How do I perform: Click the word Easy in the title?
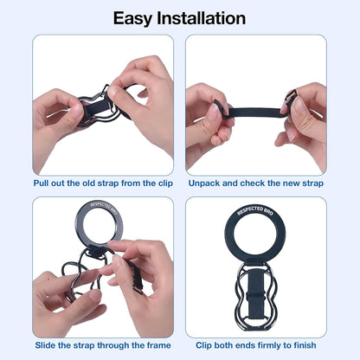tap(138, 17)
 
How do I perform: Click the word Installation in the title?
tap(204, 17)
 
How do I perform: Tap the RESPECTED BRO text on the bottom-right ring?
tap(255, 211)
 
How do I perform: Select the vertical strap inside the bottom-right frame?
tap(255, 299)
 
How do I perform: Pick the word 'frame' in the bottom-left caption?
tap(156, 344)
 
